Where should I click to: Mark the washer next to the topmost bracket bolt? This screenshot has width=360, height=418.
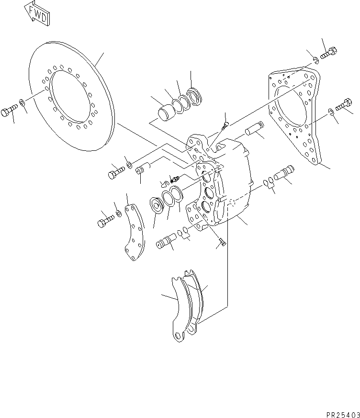click(x=316, y=60)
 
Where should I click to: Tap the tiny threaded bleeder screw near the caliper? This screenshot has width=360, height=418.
click(x=173, y=179)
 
